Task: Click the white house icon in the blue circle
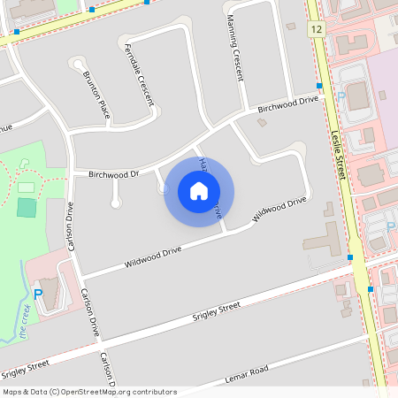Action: (199, 190)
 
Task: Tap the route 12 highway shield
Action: (316, 30)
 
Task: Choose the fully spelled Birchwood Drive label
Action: (287, 103)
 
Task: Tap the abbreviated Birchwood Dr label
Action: (114, 174)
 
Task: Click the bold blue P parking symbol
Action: (37, 294)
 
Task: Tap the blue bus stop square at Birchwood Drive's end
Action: (319, 86)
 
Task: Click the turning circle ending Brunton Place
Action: (80, 65)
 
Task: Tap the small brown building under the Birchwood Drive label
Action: (262, 122)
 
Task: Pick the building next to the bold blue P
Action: (52, 291)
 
